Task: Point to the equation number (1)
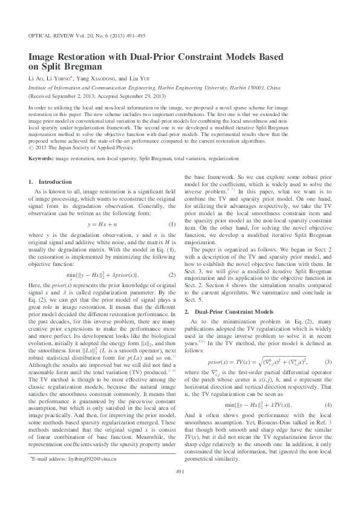172,224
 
